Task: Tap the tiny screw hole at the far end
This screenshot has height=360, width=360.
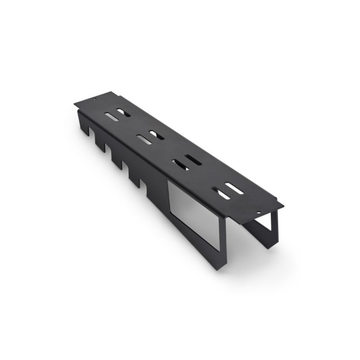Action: [94, 98]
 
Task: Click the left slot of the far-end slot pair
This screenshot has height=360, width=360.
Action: [112, 117]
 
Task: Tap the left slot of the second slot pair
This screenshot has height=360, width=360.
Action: [144, 139]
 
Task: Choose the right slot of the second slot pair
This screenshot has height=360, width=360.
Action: [157, 135]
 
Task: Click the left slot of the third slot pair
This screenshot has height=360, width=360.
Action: [180, 165]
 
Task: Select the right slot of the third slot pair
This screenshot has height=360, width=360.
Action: [193, 160]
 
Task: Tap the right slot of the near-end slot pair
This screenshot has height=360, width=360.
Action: [234, 188]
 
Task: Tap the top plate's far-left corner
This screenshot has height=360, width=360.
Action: [75, 103]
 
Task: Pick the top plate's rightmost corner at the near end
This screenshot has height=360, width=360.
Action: [283, 206]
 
